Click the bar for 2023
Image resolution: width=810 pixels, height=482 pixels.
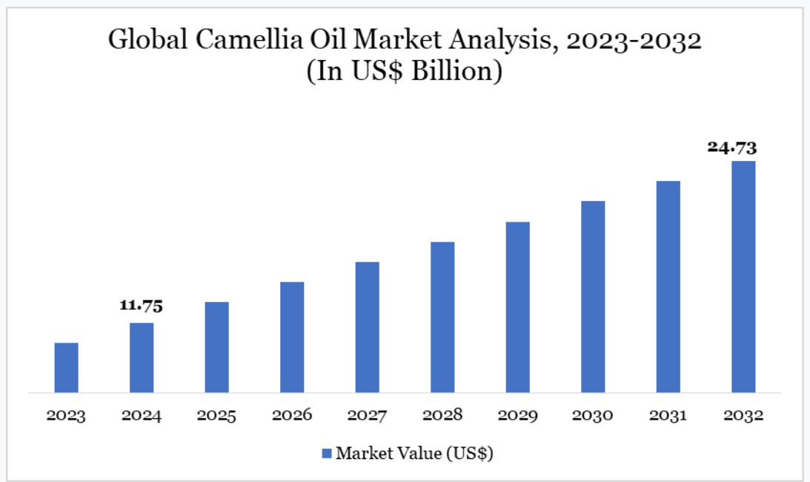[x=66, y=367]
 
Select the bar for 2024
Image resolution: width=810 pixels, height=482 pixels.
[x=142, y=357]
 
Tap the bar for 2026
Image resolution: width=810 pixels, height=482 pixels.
[x=292, y=337]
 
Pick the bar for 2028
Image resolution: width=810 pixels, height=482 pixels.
[x=442, y=317]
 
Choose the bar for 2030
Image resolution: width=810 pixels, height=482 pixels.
[x=593, y=297]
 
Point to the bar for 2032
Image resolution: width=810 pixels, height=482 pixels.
[x=743, y=277]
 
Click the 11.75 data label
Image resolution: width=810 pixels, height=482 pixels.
[x=142, y=306]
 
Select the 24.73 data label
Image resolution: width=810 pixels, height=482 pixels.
[x=732, y=146]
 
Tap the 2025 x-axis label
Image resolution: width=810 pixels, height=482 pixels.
[x=217, y=415]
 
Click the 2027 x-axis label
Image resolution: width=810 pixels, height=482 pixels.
[x=368, y=415]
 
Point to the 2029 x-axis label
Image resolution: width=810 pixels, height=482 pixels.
[x=518, y=415]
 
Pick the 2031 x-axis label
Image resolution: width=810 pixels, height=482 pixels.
[x=668, y=415]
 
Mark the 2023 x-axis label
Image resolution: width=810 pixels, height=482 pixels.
[x=66, y=415]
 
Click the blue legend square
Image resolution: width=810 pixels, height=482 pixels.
[x=327, y=452]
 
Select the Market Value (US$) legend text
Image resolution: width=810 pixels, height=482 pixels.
[x=414, y=452]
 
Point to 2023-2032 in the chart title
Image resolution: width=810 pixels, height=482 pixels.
[x=634, y=40]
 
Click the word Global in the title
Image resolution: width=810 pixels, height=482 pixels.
[x=145, y=40]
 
